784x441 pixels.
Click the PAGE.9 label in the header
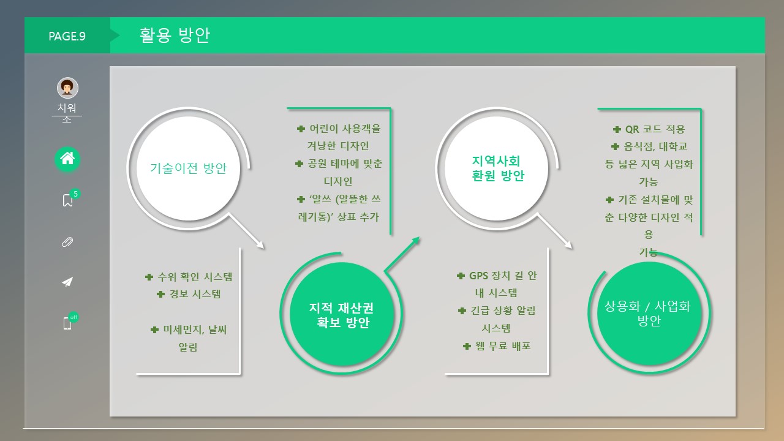pos(67,36)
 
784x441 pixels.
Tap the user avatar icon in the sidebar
pos(67,88)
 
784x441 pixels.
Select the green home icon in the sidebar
pos(67,159)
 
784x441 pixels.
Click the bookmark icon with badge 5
pos(68,200)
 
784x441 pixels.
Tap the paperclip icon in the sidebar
pos(67,241)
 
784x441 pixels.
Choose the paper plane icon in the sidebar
pos(67,282)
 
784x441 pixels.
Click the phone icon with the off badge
pos(67,323)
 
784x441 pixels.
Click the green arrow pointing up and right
pos(402,254)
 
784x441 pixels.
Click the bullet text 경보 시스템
pos(195,294)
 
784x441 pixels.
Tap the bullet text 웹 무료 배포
pos(502,346)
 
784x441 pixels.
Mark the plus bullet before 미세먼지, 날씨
pos(154,330)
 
